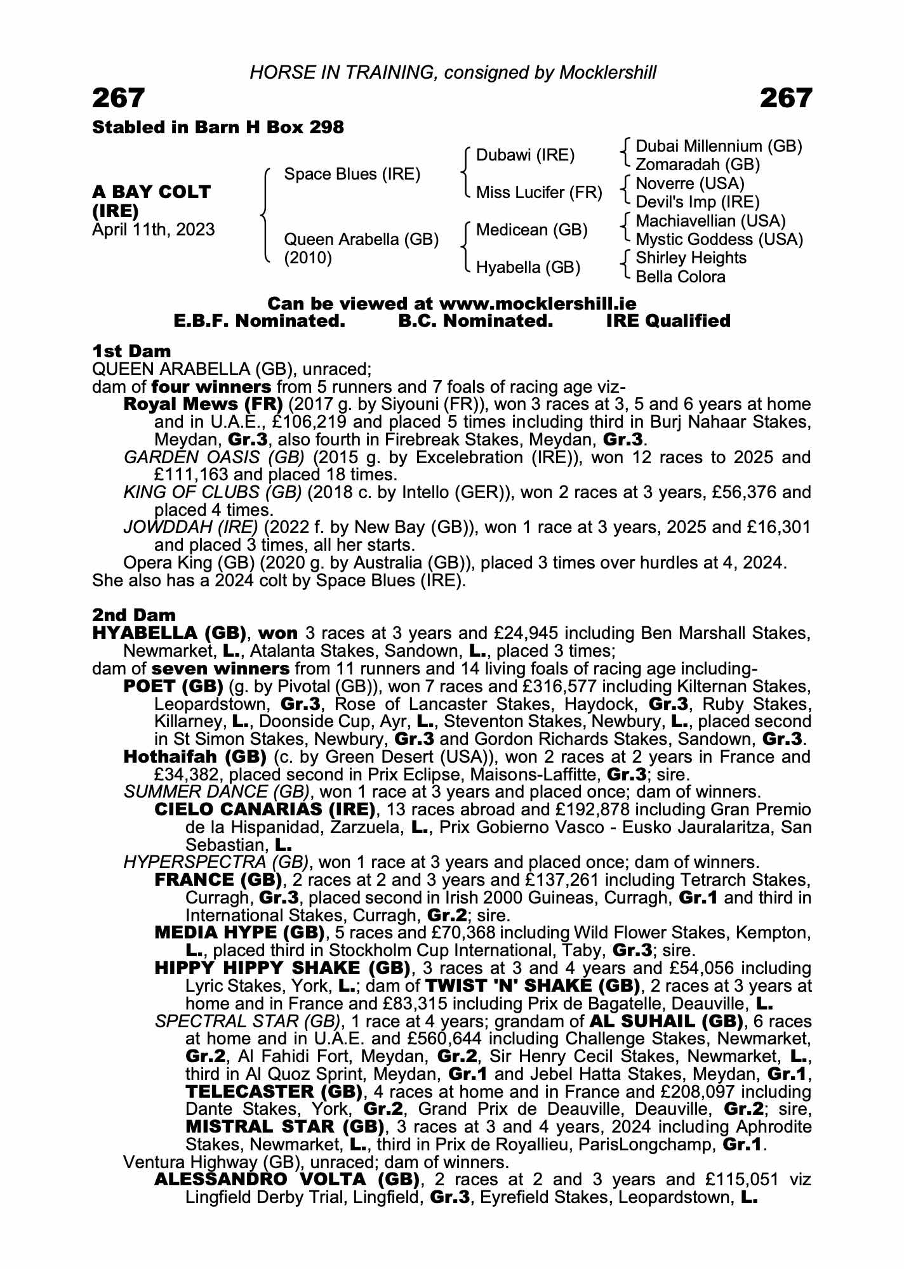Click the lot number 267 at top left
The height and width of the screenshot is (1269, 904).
(119, 98)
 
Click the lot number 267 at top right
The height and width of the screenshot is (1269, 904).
(785, 98)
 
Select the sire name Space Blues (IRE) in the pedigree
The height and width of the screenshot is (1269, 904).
(352, 174)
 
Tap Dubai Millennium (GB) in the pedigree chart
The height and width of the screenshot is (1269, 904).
(719, 147)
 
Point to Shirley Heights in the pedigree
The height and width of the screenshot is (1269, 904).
(691, 258)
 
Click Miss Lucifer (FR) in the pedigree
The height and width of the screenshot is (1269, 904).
(538, 192)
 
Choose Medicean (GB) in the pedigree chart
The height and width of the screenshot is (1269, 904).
(531, 230)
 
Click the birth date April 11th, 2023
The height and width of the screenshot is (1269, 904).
(154, 230)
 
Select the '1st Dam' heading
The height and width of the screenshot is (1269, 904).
(131, 351)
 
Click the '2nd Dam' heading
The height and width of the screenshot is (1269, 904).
(134, 615)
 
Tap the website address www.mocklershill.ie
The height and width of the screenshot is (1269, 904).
(537, 303)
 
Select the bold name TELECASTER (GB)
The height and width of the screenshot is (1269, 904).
(274, 1092)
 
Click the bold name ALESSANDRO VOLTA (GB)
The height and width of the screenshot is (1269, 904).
(287, 1180)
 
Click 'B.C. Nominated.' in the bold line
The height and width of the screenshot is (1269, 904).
(475, 321)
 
